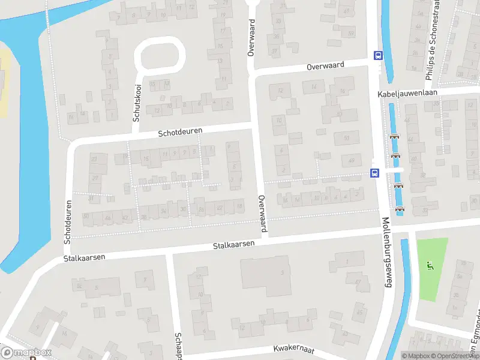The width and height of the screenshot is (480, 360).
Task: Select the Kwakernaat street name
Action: click(x=294, y=349)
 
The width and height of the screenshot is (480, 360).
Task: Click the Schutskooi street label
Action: click(x=136, y=103)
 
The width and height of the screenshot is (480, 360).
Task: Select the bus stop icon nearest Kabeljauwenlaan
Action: click(x=377, y=55)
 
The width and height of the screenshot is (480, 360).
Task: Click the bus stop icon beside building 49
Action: click(x=375, y=173)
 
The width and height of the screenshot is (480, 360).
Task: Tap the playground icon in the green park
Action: click(x=429, y=266)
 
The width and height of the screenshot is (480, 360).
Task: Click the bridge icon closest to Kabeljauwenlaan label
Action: click(x=394, y=136)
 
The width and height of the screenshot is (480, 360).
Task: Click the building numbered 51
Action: click(x=346, y=138)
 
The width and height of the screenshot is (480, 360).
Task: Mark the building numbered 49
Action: click(x=352, y=160)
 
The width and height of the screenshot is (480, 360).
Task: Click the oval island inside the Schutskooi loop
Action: click(x=160, y=58)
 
